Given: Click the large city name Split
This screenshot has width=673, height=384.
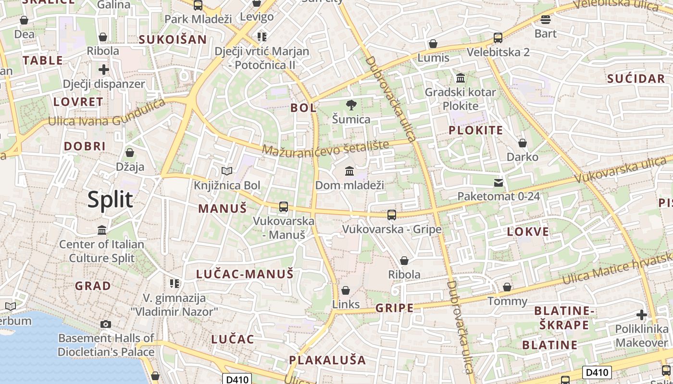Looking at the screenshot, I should click(x=110, y=199).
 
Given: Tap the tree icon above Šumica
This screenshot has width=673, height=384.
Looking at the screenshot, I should click(x=351, y=105).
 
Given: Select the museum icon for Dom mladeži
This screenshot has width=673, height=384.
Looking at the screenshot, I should click(x=349, y=171).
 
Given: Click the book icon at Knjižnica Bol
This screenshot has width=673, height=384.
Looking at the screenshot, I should click(x=226, y=171).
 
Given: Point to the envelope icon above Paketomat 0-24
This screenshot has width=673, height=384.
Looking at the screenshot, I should click(x=499, y=182).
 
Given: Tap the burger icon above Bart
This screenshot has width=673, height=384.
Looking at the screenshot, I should click(x=545, y=20).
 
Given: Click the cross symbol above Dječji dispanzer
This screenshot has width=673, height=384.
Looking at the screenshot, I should click(x=103, y=70).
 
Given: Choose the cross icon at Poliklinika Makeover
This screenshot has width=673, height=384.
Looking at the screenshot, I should click(x=641, y=315).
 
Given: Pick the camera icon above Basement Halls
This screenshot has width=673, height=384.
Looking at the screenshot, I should click(x=106, y=324).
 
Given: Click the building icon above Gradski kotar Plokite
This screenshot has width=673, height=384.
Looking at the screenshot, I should click(x=461, y=78).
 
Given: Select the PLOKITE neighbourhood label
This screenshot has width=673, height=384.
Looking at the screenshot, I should click(x=475, y=130).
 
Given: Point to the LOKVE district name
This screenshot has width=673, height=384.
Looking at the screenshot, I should click(x=528, y=232).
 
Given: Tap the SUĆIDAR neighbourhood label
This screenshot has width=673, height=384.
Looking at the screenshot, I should click(x=636, y=79).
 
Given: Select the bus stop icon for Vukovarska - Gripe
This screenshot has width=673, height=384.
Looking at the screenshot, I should click(x=392, y=215).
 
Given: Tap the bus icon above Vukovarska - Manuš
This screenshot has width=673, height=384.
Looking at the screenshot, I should click(x=284, y=207).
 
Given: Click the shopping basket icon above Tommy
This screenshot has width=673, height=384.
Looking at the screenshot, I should click(x=507, y=287).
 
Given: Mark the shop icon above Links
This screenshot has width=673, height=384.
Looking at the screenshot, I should click(x=345, y=290).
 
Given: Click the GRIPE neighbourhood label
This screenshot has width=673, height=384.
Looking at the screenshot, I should click(x=394, y=308).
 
